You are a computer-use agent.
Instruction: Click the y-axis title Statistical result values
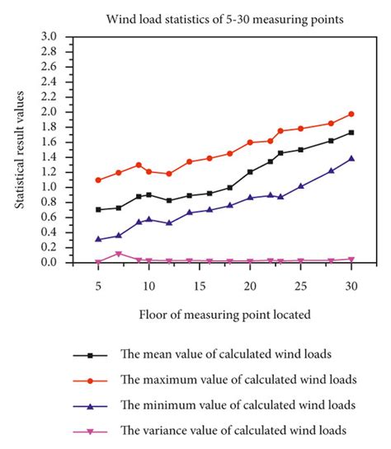tap(19, 150)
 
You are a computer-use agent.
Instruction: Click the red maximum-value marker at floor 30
tap(351, 114)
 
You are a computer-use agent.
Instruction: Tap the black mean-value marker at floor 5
tap(98, 209)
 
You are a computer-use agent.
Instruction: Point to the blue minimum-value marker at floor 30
tap(351, 158)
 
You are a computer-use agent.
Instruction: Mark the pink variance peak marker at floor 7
tap(119, 254)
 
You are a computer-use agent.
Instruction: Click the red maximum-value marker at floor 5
tap(98, 180)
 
